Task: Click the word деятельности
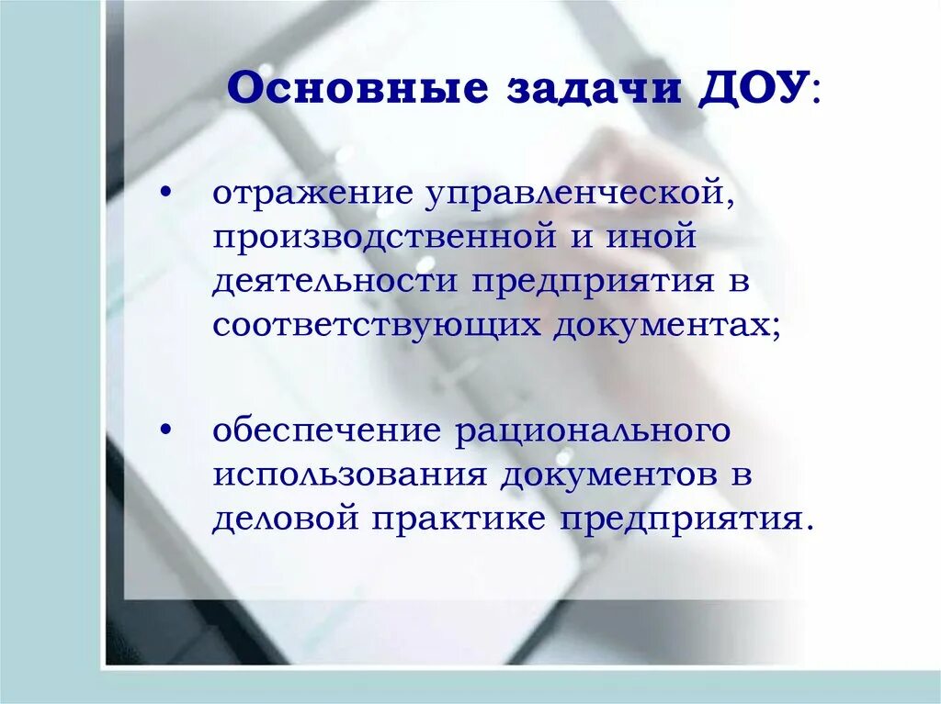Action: click(336, 282)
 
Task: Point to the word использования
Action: click(349, 475)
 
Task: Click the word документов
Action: click(609, 475)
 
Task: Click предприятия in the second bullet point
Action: click(686, 520)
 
